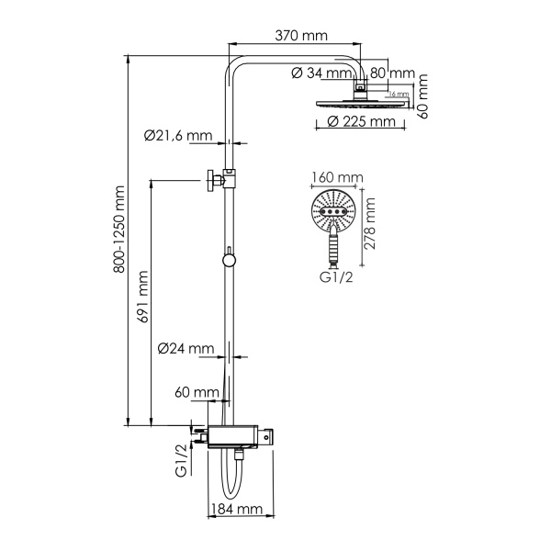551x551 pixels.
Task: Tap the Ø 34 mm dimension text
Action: (320, 73)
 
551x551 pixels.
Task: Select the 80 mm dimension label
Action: (392, 73)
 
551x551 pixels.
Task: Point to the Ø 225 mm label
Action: (354, 121)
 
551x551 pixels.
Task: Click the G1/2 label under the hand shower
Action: (336, 276)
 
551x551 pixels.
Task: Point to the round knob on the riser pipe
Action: (229, 260)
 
